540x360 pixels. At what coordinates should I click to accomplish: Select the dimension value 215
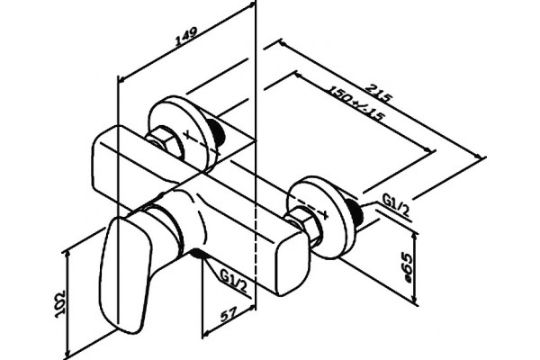pyautogui.click(x=378, y=93)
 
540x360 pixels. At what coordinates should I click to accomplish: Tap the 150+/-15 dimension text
pyautogui.click(x=355, y=103)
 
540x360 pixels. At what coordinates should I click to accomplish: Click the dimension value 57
pyautogui.click(x=229, y=315)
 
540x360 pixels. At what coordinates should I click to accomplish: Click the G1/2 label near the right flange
pyautogui.click(x=396, y=205)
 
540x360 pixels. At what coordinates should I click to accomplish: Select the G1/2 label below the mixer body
pyautogui.click(x=234, y=281)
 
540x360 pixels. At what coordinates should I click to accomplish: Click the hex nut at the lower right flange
pyautogui.click(x=304, y=223)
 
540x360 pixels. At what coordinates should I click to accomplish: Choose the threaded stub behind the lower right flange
pyautogui.click(x=355, y=213)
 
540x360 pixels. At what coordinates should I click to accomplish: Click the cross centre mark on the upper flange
pyautogui.click(x=188, y=135)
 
